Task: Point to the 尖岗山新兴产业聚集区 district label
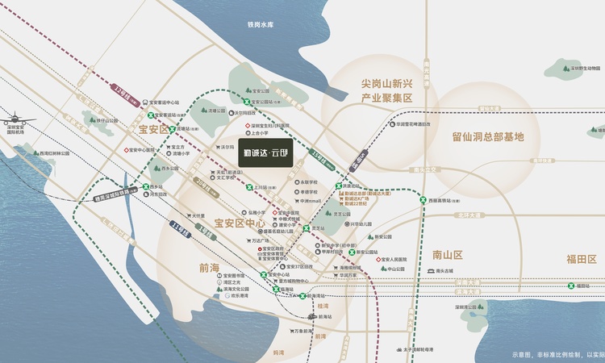(386, 90)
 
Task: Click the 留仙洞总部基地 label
(488, 136)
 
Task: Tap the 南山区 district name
(446, 254)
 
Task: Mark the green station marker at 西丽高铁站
(424, 200)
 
